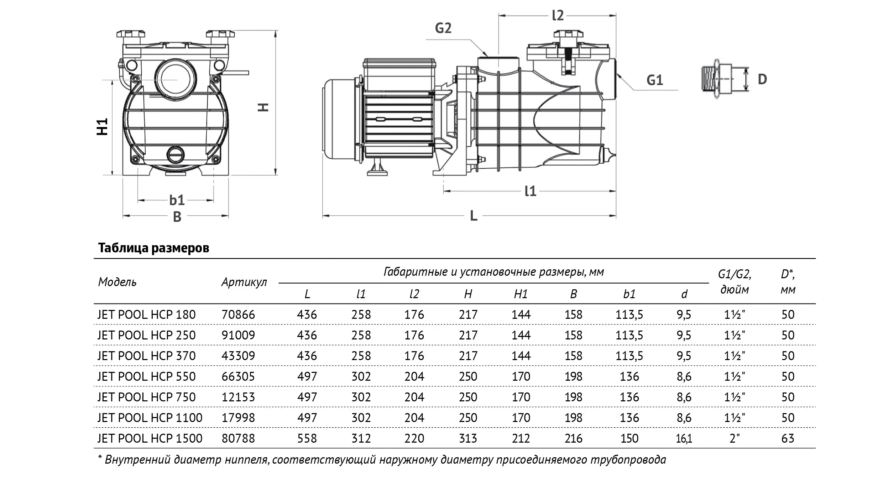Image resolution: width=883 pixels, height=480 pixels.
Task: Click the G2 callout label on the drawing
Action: click(x=443, y=28)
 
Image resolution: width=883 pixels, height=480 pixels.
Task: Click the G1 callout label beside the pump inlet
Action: click(x=654, y=80)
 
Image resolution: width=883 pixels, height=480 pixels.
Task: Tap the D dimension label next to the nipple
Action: click(x=762, y=79)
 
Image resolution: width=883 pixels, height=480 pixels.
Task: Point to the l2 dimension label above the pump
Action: click(x=558, y=16)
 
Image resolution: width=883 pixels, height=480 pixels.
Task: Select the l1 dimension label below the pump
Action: click(x=530, y=191)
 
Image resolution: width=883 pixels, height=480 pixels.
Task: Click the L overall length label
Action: click(x=473, y=216)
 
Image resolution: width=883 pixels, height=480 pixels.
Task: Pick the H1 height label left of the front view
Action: click(x=103, y=127)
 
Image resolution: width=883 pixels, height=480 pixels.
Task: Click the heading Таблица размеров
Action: click(x=153, y=248)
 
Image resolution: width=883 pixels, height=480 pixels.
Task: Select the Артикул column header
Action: click(x=244, y=282)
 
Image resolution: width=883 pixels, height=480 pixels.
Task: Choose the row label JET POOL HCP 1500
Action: click(x=150, y=438)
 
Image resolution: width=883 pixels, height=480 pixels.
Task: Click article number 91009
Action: click(x=238, y=335)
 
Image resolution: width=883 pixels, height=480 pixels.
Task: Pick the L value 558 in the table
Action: click(x=307, y=438)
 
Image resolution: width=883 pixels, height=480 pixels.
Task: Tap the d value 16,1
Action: click(x=684, y=438)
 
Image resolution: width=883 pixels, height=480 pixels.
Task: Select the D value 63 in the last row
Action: click(x=788, y=438)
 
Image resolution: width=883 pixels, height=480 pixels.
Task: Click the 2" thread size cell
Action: click(x=734, y=438)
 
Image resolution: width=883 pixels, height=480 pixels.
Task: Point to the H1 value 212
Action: click(x=521, y=438)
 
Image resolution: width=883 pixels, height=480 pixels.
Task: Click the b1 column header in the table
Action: click(x=629, y=294)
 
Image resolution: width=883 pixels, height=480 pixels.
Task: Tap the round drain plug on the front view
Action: click(x=176, y=154)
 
